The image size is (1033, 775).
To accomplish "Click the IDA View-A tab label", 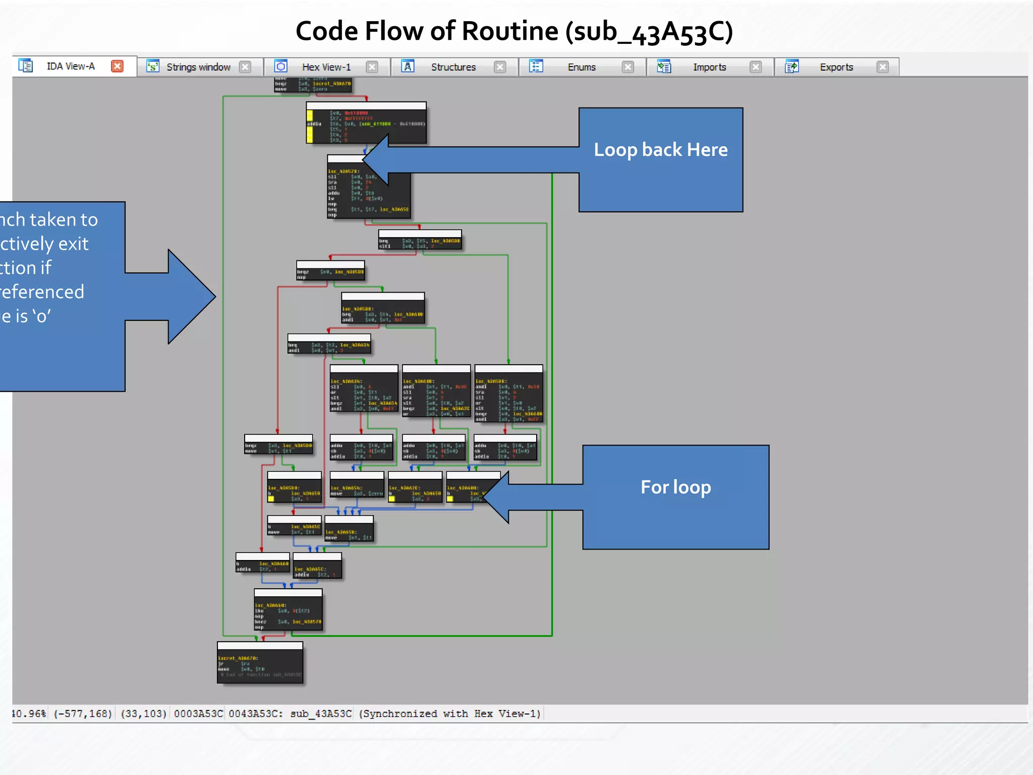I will (71, 66).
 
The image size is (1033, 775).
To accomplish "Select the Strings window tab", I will (198, 67).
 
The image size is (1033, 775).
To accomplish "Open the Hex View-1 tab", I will (326, 67).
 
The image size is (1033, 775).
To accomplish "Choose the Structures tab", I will (453, 67).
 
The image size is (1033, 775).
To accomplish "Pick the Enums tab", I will (581, 67).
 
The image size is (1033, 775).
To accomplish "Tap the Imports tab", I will (709, 67).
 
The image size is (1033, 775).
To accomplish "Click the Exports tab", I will (836, 67).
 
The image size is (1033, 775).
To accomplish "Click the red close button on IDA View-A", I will (117, 66).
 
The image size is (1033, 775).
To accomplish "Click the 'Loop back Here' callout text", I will (660, 150).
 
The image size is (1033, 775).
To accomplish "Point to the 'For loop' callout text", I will (675, 487).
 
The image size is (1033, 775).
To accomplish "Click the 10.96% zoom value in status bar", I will (29, 713).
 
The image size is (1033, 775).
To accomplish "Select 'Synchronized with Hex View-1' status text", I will (449, 713).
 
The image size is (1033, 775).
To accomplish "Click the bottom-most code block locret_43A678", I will (260, 663).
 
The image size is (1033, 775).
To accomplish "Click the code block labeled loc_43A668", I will (288, 610).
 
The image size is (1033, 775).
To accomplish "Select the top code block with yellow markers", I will (366, 123).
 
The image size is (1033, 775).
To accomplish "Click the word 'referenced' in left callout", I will (42, 292).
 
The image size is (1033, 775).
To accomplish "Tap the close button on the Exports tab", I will (882, 67).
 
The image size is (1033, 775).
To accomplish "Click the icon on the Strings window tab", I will (152, 66).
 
